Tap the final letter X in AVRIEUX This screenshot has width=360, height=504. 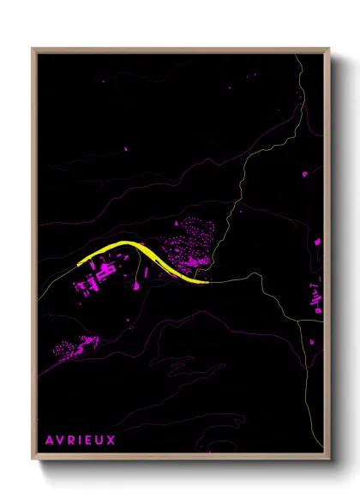pos(111,441)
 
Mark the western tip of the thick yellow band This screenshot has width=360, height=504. pos(78,264)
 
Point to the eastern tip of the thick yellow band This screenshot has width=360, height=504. pos(206,280)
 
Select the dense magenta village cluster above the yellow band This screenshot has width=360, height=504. pos(195,244)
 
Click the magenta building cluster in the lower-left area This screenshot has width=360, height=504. pos(75,346)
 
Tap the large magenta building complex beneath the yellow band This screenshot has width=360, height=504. pos(100,276)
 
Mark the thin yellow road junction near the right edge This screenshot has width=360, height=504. pos(300,320)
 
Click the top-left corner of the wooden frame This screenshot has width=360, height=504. pos(33,49)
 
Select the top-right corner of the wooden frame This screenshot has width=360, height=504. pos(329,49)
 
